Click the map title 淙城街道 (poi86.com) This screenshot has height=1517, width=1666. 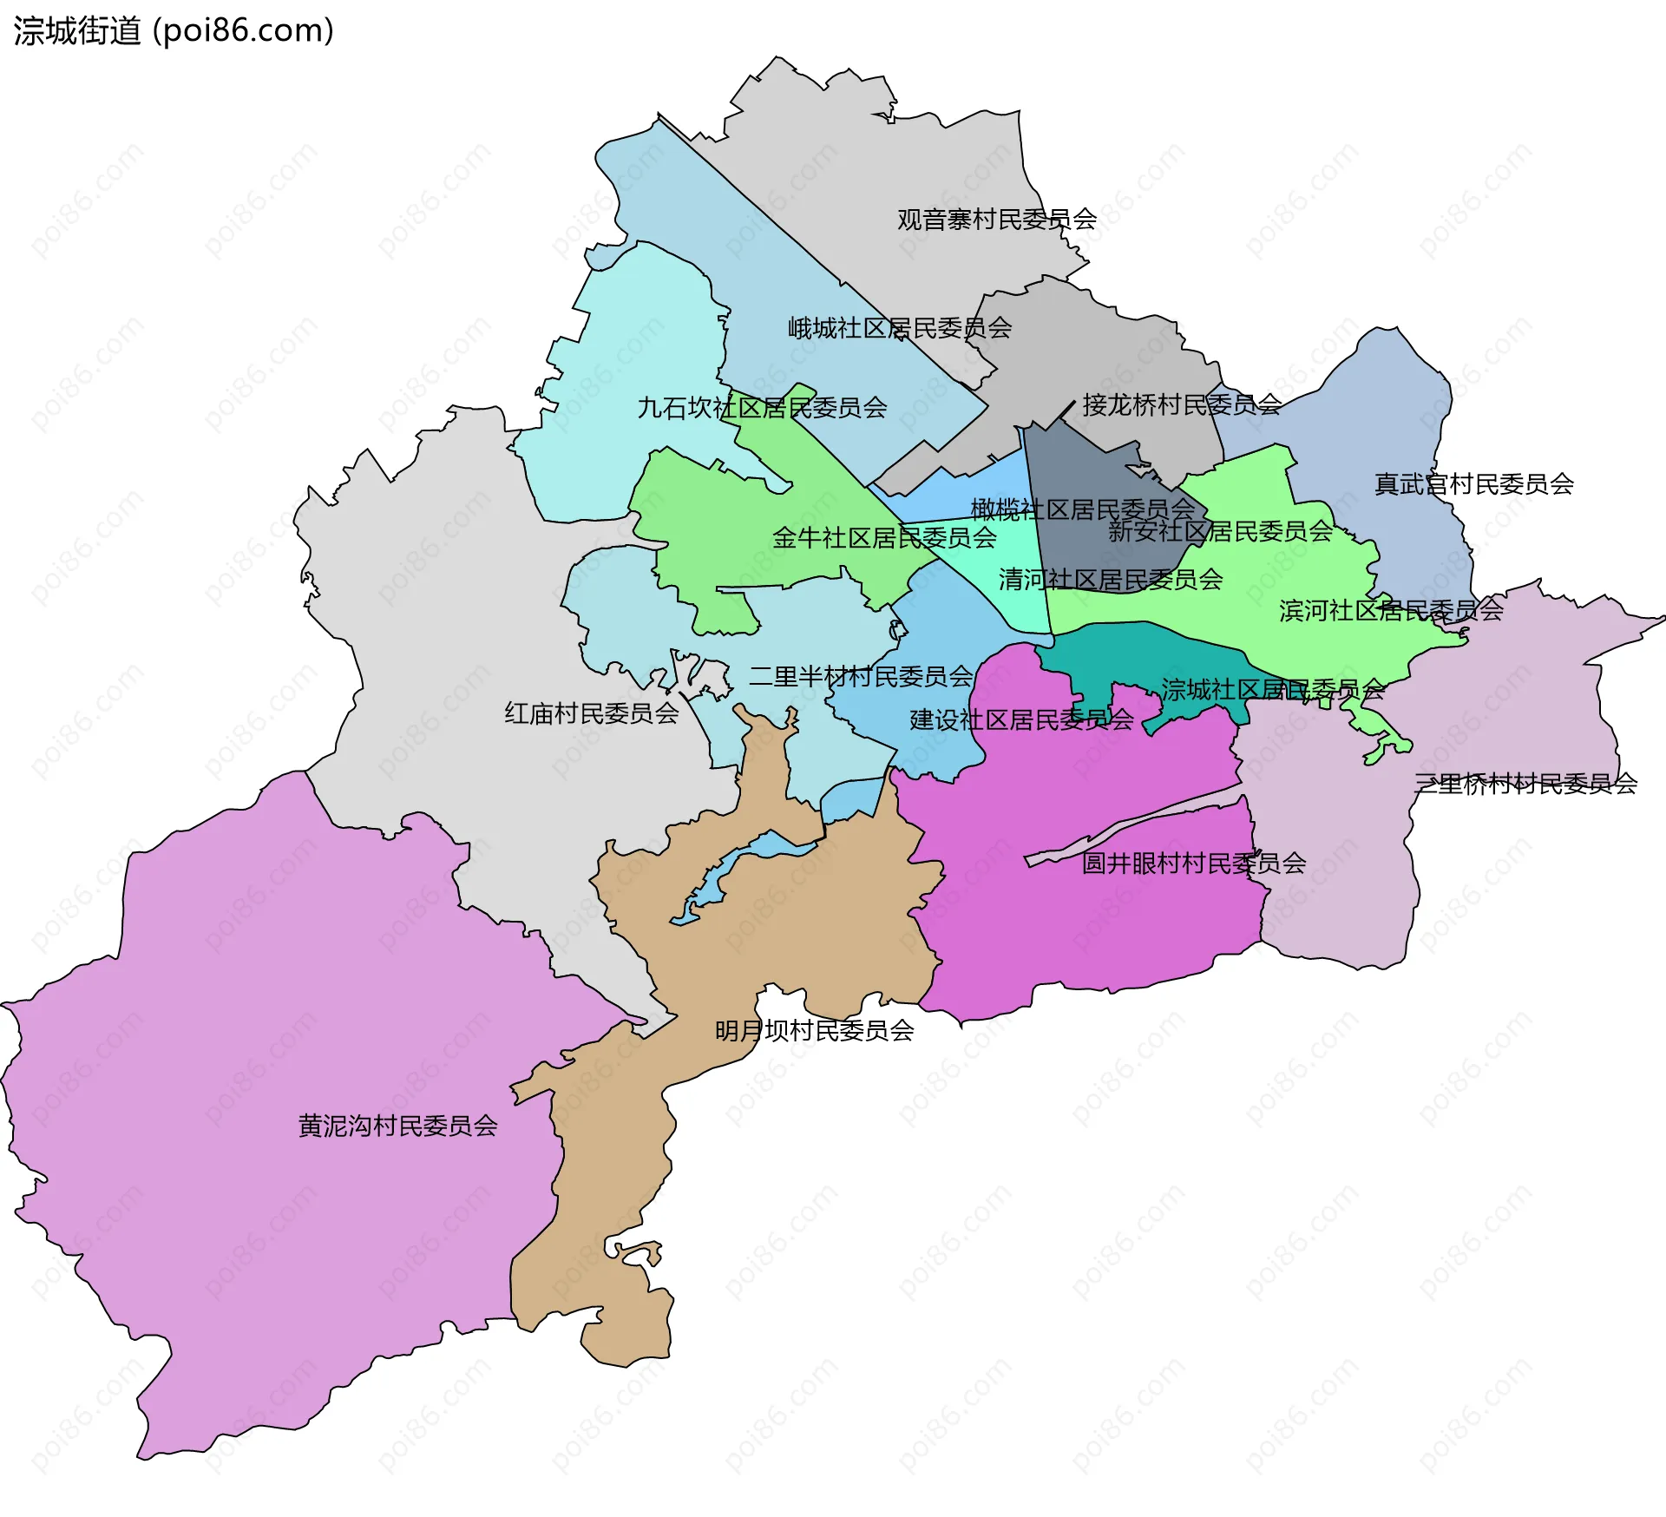[x=174, y=31]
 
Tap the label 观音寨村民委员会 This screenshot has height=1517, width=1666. [x=996, y=220]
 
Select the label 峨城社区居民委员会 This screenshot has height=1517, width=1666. [x=899, y=328]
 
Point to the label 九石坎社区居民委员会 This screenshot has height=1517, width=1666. [x=762, y=407]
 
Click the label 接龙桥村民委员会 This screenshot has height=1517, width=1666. [x=1181, y=404]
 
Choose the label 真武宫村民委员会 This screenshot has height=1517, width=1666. [x=1473, y=483]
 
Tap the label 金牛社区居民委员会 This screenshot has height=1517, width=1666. [x=884, y=537]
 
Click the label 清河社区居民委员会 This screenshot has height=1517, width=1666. [x=1110, y=579]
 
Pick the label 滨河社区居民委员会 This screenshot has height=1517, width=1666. [x=1390, y=610]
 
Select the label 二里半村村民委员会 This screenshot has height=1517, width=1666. [x=860, y=676]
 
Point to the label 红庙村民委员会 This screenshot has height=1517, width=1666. [x=591, y=713]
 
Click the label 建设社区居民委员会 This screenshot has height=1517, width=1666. [x=1020, y=719]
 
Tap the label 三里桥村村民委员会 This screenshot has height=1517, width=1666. [x=1525, y=784]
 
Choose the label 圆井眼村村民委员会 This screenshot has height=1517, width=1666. [x=1193, y=863]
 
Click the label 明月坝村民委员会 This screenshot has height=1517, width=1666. [x=814, y=1030]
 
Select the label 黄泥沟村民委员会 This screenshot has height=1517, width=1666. [x=397, y=1126]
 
